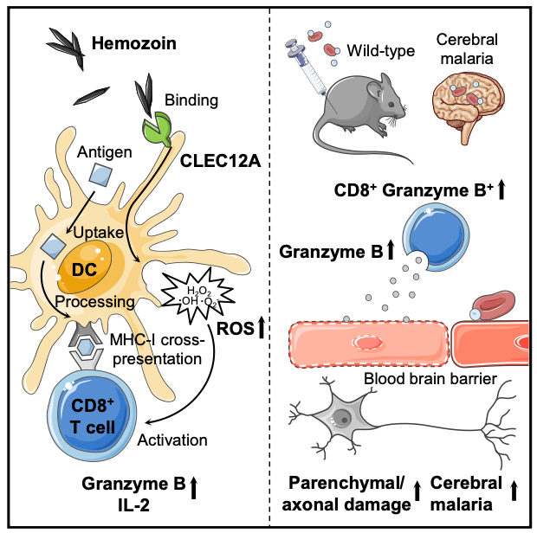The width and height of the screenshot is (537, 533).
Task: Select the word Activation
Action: pos(173,440)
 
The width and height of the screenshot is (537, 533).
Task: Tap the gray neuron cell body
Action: pos(341,421)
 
